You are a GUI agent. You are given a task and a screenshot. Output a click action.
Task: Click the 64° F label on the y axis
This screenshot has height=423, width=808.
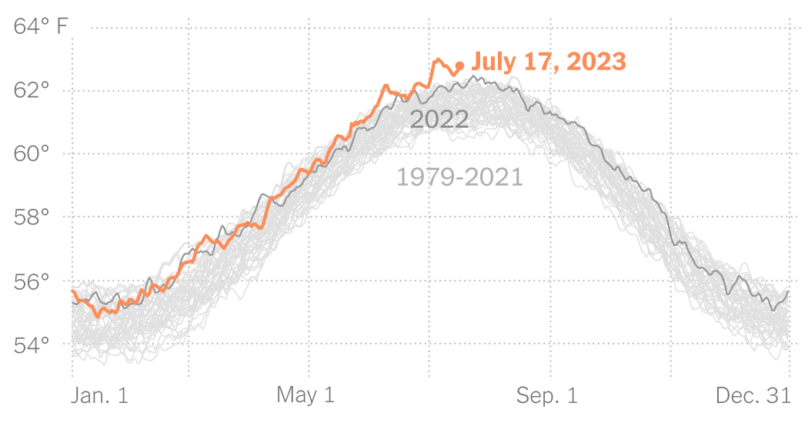(x=41, y=28)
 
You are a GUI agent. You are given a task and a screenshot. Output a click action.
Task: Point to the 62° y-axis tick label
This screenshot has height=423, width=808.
(x=32, y=91)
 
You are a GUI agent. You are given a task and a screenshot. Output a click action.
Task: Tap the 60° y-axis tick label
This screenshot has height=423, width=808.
(x=32, y=154)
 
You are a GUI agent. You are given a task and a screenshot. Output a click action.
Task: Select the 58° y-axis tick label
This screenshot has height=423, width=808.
(x=32, y=217)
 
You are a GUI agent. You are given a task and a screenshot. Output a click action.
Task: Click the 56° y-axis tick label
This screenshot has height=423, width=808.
(x=32, y=280)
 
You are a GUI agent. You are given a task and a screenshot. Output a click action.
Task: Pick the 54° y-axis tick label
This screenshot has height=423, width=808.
(x=32, y=344)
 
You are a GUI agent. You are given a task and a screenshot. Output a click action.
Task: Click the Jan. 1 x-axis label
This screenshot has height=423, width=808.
(x=100, y=395)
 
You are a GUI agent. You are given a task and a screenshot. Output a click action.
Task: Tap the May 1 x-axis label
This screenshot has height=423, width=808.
(x=306, y=395)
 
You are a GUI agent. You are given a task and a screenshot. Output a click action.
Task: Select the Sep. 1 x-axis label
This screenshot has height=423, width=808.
(x=546, y=395)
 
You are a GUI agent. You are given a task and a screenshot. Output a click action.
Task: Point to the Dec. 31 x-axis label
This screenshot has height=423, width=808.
(x=753, y=395)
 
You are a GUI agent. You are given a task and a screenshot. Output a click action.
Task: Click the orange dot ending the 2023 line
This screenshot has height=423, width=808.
(x=459, y=66)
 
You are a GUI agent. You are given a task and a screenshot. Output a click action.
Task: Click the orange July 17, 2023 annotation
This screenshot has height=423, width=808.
(x=548, y=61)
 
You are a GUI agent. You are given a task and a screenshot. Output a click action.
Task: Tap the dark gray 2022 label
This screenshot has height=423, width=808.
(x=439, y=119)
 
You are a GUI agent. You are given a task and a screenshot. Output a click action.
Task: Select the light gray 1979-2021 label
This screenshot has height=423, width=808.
(x=459, y=177)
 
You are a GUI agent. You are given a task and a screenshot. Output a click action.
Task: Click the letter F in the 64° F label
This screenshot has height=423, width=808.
(x=62, y=28)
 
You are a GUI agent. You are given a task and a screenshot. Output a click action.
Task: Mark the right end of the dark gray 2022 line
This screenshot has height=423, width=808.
(x=788, y=291)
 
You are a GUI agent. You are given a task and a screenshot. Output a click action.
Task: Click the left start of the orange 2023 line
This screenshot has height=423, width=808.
(x=72, y=291)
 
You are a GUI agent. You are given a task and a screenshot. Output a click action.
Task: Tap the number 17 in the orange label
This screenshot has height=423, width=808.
(x=536, y=61)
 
